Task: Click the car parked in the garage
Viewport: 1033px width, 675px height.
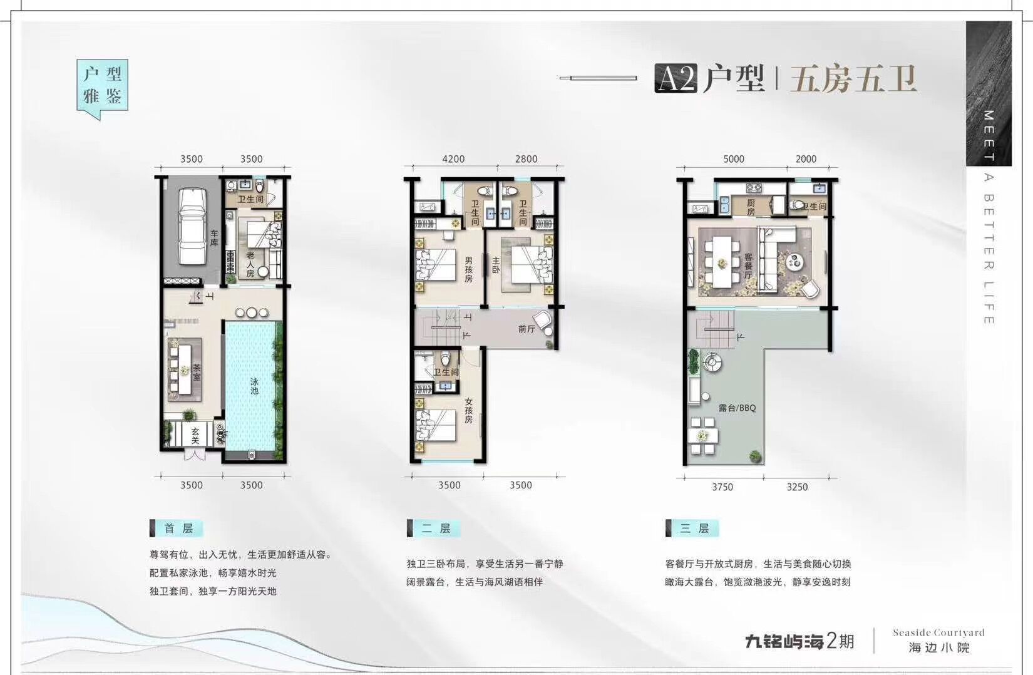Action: point(193,226)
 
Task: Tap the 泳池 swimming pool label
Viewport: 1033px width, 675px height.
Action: point(254,386)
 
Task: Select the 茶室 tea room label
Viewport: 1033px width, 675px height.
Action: point(197,373)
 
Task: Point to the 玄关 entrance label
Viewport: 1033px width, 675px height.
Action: point(195,436)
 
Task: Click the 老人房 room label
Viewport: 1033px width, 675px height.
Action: point(250,264)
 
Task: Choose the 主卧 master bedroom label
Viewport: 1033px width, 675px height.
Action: point(496,265)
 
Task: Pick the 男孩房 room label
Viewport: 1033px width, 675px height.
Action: point(468,269)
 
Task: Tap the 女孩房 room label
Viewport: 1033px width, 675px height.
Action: point(468,411)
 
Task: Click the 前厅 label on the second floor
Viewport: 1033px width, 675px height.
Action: point(526,329)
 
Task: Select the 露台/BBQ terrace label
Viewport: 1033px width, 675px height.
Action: point(737,408)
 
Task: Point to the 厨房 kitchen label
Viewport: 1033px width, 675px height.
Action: point(751,207)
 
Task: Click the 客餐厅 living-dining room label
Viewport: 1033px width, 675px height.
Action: point(748,265)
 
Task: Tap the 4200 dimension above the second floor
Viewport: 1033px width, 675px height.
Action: point(453,159)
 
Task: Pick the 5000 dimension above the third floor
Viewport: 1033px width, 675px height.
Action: point(734,159)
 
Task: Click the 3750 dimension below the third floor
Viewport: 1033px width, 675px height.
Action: point(722,487)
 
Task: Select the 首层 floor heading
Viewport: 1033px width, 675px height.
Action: point(179,528)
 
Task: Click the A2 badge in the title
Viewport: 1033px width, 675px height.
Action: point(676,80)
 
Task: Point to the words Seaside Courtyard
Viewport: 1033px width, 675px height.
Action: point(938,632)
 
